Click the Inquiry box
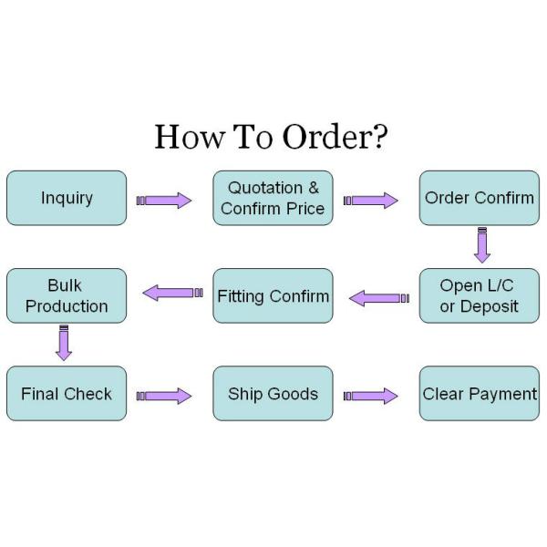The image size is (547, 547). click(x=67, y=198)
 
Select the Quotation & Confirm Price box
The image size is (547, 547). click(x=273, y=198)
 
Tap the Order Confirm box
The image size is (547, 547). click(x=479, y=198)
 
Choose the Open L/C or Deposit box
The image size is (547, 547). click(x=479, y=295)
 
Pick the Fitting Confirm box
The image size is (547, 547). click(x=273, y=295)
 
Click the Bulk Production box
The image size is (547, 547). click(x=67, y=295)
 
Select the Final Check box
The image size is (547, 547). click(x=67, y=394)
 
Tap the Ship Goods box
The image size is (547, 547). click(x=273, y=394)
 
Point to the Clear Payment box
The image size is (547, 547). click(x=479, y=394)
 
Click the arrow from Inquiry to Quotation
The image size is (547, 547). click(x=165, y=201)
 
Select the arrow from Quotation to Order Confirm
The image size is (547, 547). click(x=371, y=201)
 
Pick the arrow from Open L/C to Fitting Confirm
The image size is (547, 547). click(x=379, y=298)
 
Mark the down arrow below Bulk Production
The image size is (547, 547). click(x=64, y=342)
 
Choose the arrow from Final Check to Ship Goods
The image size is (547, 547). click(x=165, y=396)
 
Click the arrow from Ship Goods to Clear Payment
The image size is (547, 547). click(x=371, y=396)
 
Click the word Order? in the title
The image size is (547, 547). click(x=334, y=138)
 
